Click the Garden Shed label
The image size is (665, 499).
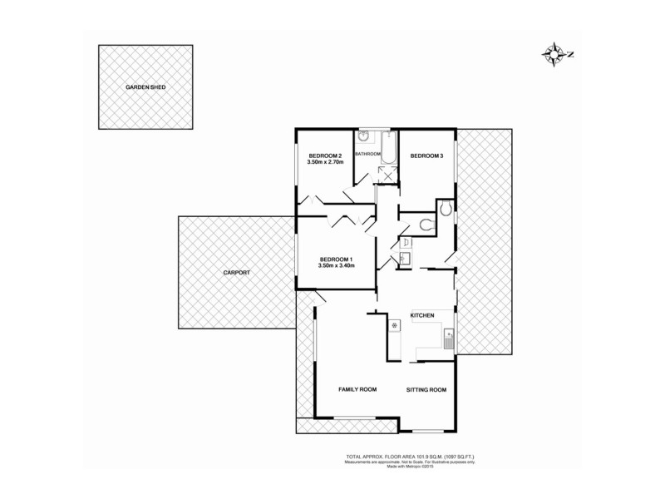tap(145, 86)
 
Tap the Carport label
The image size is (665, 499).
tap(236, 273)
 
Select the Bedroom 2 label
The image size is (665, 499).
tap(325, 156)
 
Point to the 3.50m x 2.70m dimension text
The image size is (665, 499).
tap(325, 163)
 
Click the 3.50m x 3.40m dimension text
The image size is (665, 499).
tap(337, 266)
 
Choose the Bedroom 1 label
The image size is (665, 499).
tap(337, 259)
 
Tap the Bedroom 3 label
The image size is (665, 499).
tap(427, 156)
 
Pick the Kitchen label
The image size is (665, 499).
tap(423, 315)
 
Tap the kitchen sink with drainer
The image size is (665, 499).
tap(448, 337)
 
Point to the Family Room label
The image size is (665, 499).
tap(357, 389)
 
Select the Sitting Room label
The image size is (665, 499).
tap(426, 389)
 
